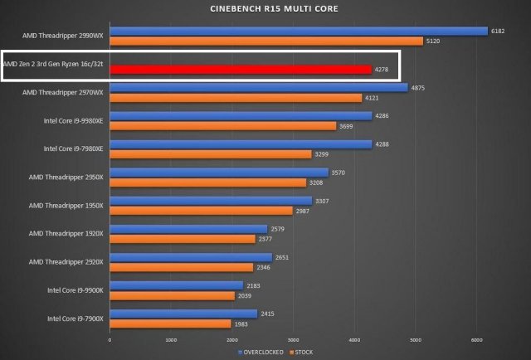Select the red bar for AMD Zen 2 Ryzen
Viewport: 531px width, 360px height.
coord(241,70)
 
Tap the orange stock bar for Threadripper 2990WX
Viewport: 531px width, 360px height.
coord(265,41)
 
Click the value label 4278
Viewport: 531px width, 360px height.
coord(382,70)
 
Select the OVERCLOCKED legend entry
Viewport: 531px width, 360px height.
coord(261,352)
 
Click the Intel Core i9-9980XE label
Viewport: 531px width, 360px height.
coord(74,120)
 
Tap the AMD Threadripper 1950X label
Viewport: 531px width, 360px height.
coord(66,205)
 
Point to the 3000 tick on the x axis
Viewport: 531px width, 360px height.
coord(293,339)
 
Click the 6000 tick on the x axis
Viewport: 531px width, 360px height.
coord(476,339)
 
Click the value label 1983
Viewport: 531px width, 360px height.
coord(241,324)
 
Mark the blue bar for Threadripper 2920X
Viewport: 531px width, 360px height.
coord(191,257)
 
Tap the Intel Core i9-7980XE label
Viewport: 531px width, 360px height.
coord(74,148)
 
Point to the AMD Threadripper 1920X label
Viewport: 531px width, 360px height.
coord(66,233)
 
